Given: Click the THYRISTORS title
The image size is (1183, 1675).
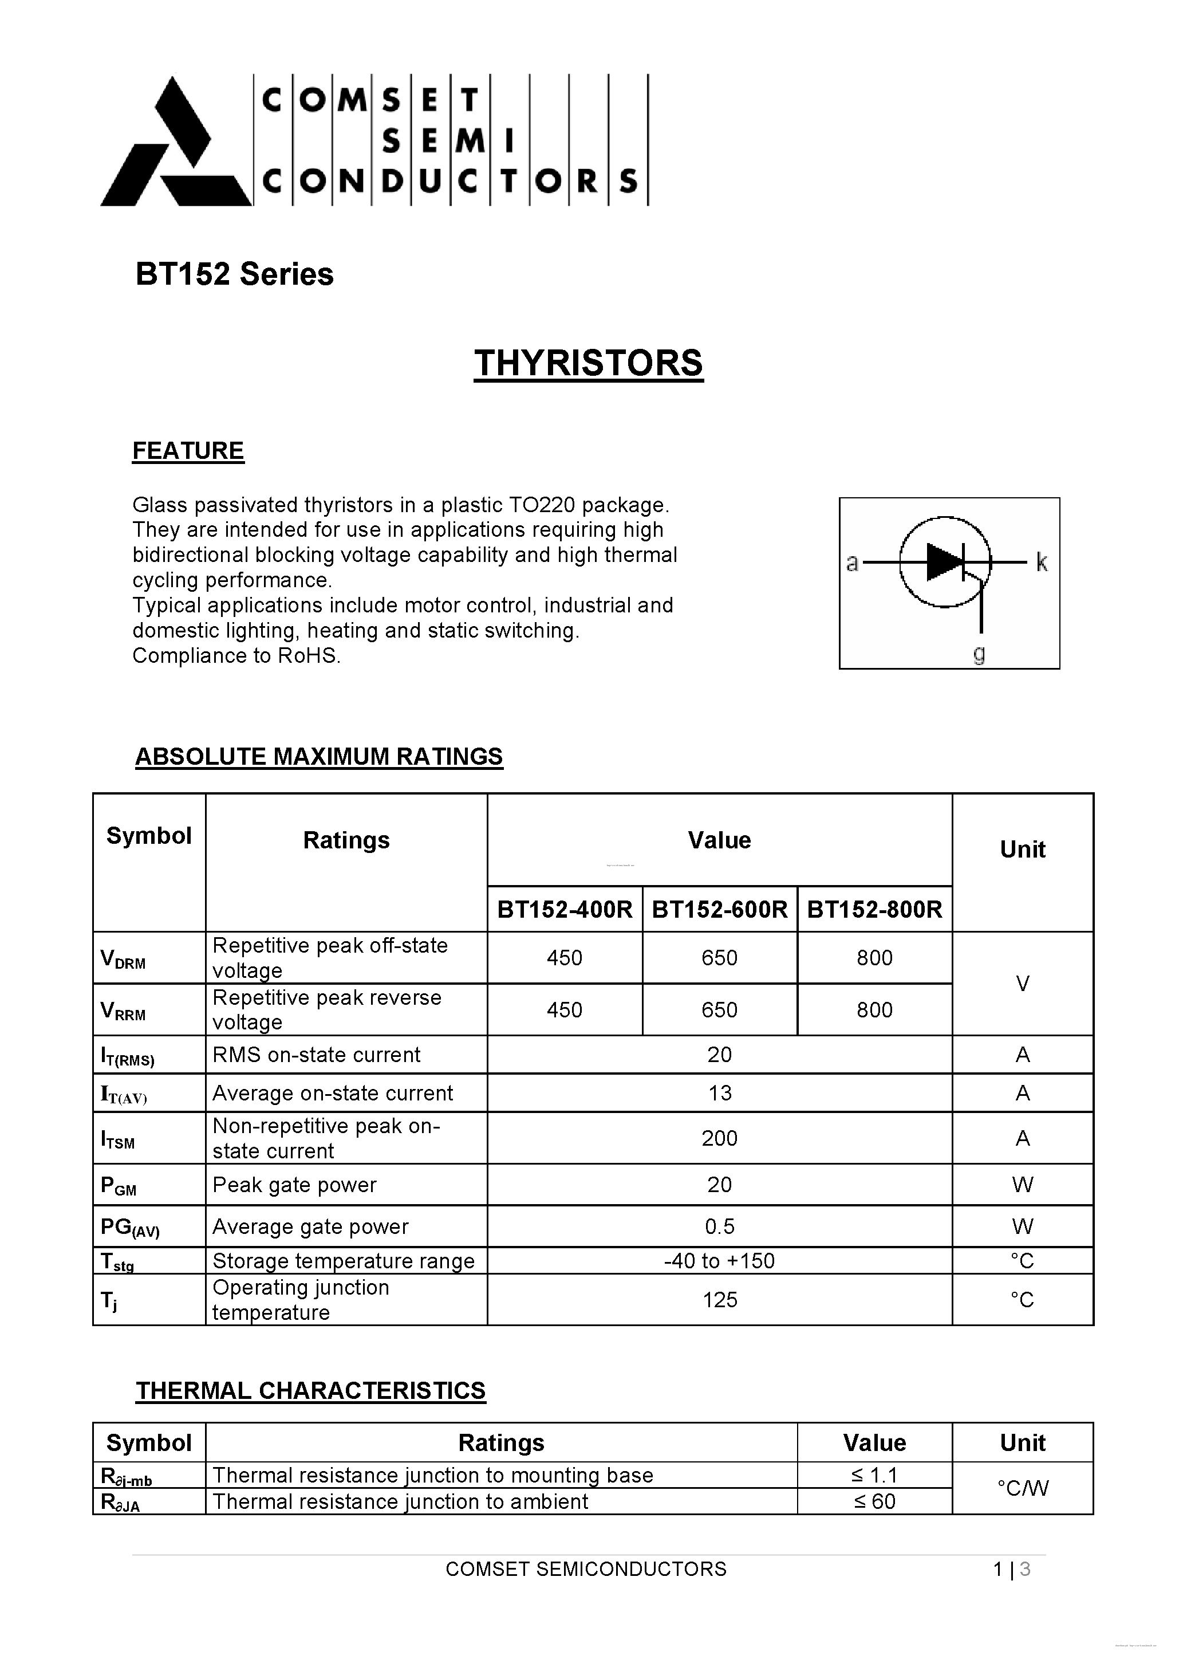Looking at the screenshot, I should (589, 363).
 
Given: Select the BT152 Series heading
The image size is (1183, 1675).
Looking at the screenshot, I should (234, 274).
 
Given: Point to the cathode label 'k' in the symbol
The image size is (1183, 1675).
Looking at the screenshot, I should (1042, 563).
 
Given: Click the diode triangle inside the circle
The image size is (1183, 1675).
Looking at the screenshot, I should (944, 563).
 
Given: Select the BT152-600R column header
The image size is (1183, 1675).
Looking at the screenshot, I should (719, 910).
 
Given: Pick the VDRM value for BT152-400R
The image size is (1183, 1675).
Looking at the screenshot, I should (565, 958).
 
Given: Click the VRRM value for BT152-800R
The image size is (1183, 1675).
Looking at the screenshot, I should (874, 1010).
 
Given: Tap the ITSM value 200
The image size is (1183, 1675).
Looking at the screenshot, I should (719, 1139).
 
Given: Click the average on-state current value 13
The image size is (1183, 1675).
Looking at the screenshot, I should (719, 1094).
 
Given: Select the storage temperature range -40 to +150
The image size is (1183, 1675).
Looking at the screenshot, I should (719, 1261).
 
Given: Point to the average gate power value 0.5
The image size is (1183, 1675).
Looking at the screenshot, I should (719, 1227).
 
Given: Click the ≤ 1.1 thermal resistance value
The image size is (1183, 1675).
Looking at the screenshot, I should (874, 1476).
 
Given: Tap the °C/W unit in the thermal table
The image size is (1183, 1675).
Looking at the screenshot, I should (1022, 1488).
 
